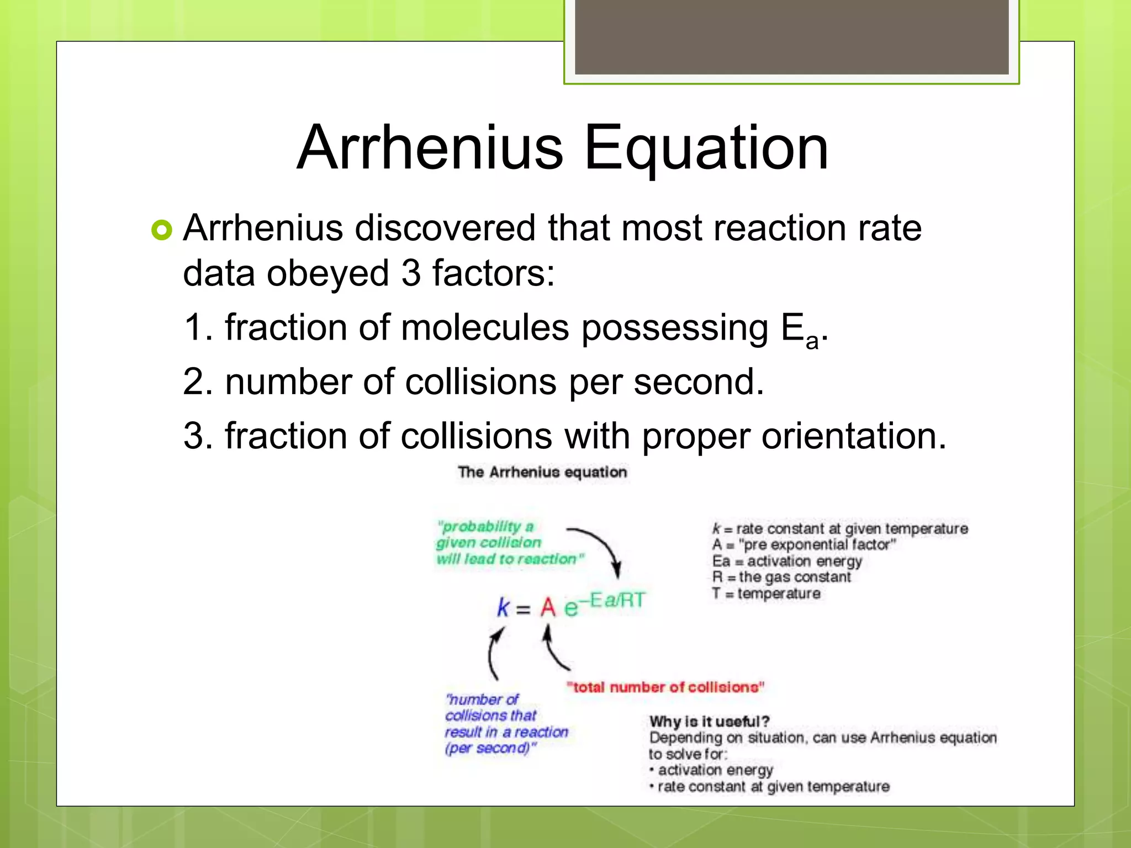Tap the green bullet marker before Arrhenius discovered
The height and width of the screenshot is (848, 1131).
[162, 230]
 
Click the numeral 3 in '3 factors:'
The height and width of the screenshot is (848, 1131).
[411, 273]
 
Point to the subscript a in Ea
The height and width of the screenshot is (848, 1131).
[811, 341]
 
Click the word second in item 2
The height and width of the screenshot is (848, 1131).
[698, 381]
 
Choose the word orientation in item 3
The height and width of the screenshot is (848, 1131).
[854, 436]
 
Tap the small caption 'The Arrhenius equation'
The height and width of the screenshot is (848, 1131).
[542, 472]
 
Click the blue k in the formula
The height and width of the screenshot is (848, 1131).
[503, 607]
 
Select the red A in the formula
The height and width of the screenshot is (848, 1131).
[548, 607]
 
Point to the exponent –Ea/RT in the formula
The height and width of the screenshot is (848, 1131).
[616, 600]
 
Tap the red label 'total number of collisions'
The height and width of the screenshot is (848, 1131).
[665, 687]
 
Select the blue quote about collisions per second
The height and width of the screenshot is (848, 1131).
[506, 723]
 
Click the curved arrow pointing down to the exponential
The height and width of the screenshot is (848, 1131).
[599, 547]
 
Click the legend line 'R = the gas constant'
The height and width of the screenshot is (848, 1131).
[781, 577]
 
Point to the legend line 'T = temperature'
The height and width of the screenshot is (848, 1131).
[766, 593]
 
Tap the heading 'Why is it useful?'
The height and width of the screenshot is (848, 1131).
[709, 721]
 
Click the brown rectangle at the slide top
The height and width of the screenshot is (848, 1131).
[791, 36]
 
